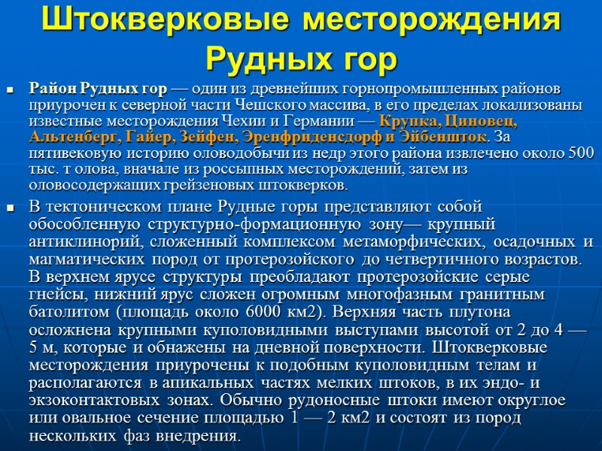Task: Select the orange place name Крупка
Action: tap(410, 121)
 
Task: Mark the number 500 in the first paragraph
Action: tap(579, 153)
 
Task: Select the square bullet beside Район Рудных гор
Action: tap(11, 90)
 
